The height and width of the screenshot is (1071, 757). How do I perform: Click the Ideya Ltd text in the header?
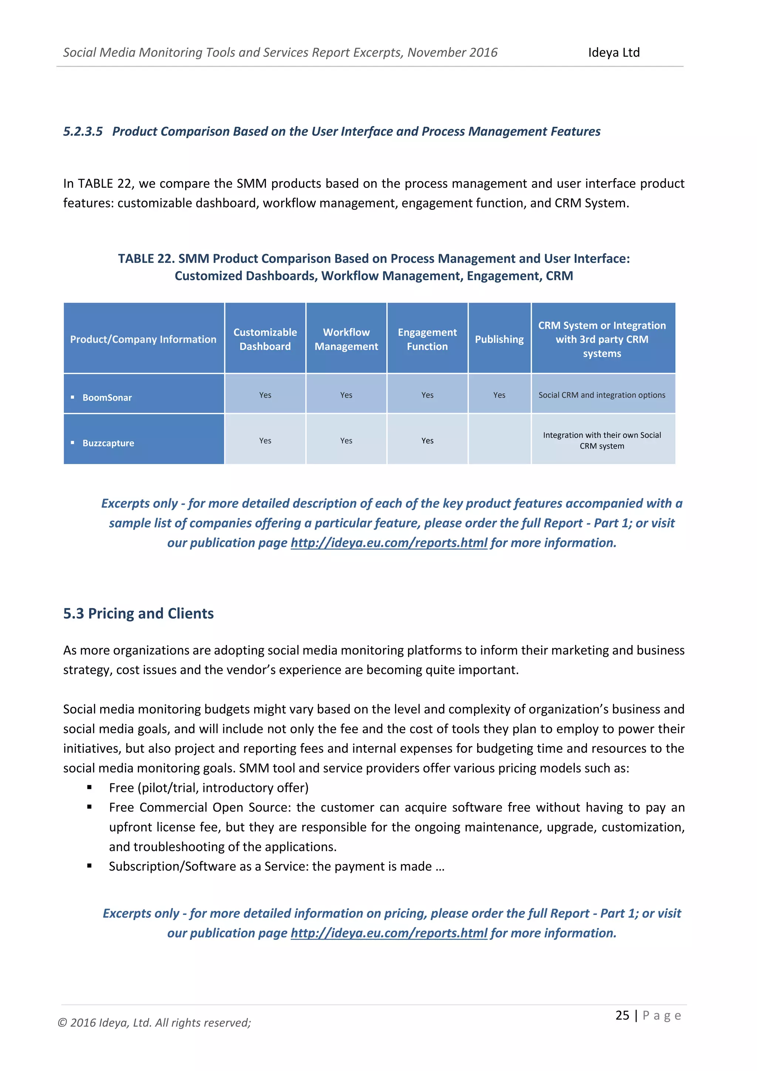click(x=614, y=52)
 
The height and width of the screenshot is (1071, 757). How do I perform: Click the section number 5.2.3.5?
click(x=83, y=132)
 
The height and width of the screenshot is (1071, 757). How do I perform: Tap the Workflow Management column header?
click(x=346, y=339)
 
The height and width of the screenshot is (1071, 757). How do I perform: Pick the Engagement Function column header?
click(x=427, y=339)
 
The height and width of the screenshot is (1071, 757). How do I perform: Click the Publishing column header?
click(x=499, y=339)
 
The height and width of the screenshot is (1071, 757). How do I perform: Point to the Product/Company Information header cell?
click(x=143, y=339)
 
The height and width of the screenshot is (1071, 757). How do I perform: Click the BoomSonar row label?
click(x=107, y=398)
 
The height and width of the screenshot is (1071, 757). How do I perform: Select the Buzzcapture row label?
click(x=108, y=443)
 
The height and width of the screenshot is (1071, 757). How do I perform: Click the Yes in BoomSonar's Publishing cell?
click(x=499, y=395)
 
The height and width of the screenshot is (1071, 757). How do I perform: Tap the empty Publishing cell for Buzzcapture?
click(x=499, y=440)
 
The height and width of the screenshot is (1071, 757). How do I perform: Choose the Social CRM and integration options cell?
click(x=602, y=395)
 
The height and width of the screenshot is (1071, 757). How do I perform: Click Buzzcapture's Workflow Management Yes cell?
click(x=346, y=441)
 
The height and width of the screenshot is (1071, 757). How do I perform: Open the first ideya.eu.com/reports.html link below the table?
click(x=389, y=543)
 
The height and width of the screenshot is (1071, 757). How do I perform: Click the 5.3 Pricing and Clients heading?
click(x=139, y=614)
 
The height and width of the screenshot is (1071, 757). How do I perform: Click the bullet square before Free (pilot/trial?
click(x=89, y=787)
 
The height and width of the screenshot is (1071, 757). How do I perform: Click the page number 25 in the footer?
click(x=622, y=1015)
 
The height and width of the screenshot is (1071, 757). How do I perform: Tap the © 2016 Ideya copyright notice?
click(x=154, y=1023)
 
